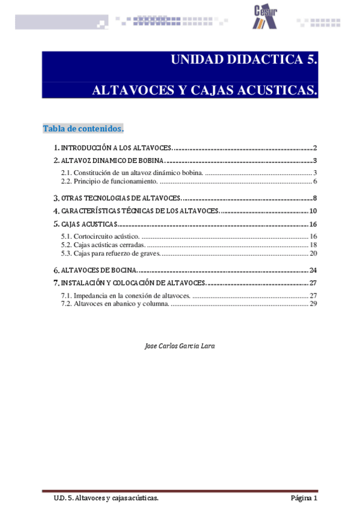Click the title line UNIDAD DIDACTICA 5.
243,60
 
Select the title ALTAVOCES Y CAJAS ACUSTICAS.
204,91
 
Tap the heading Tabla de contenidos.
83,129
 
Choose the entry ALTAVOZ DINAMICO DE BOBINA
109,161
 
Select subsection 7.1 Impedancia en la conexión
126,295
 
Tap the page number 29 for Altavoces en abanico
313,304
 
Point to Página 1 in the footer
304,498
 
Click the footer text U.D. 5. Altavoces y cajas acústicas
105,498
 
